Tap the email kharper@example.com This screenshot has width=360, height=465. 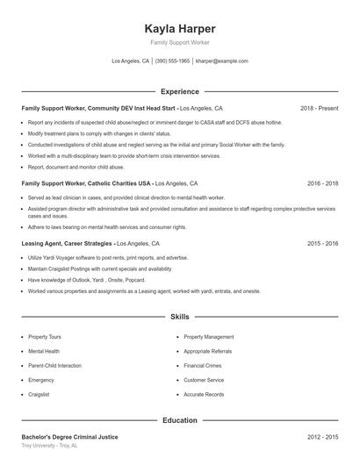pos(222,61)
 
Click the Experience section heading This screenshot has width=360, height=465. pos(180,91)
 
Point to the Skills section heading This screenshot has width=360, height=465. pos(180,316)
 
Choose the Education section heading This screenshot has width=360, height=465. pos(180,420)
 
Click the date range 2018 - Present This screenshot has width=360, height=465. pos(319,109)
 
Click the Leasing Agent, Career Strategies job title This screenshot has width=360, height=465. pos(68,243)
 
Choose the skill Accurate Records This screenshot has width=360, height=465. pos(204,394)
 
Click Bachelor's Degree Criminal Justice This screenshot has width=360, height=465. pos(69,436)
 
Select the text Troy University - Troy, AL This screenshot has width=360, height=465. pos(49,446)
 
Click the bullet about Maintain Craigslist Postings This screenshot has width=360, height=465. pos(83,268)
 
